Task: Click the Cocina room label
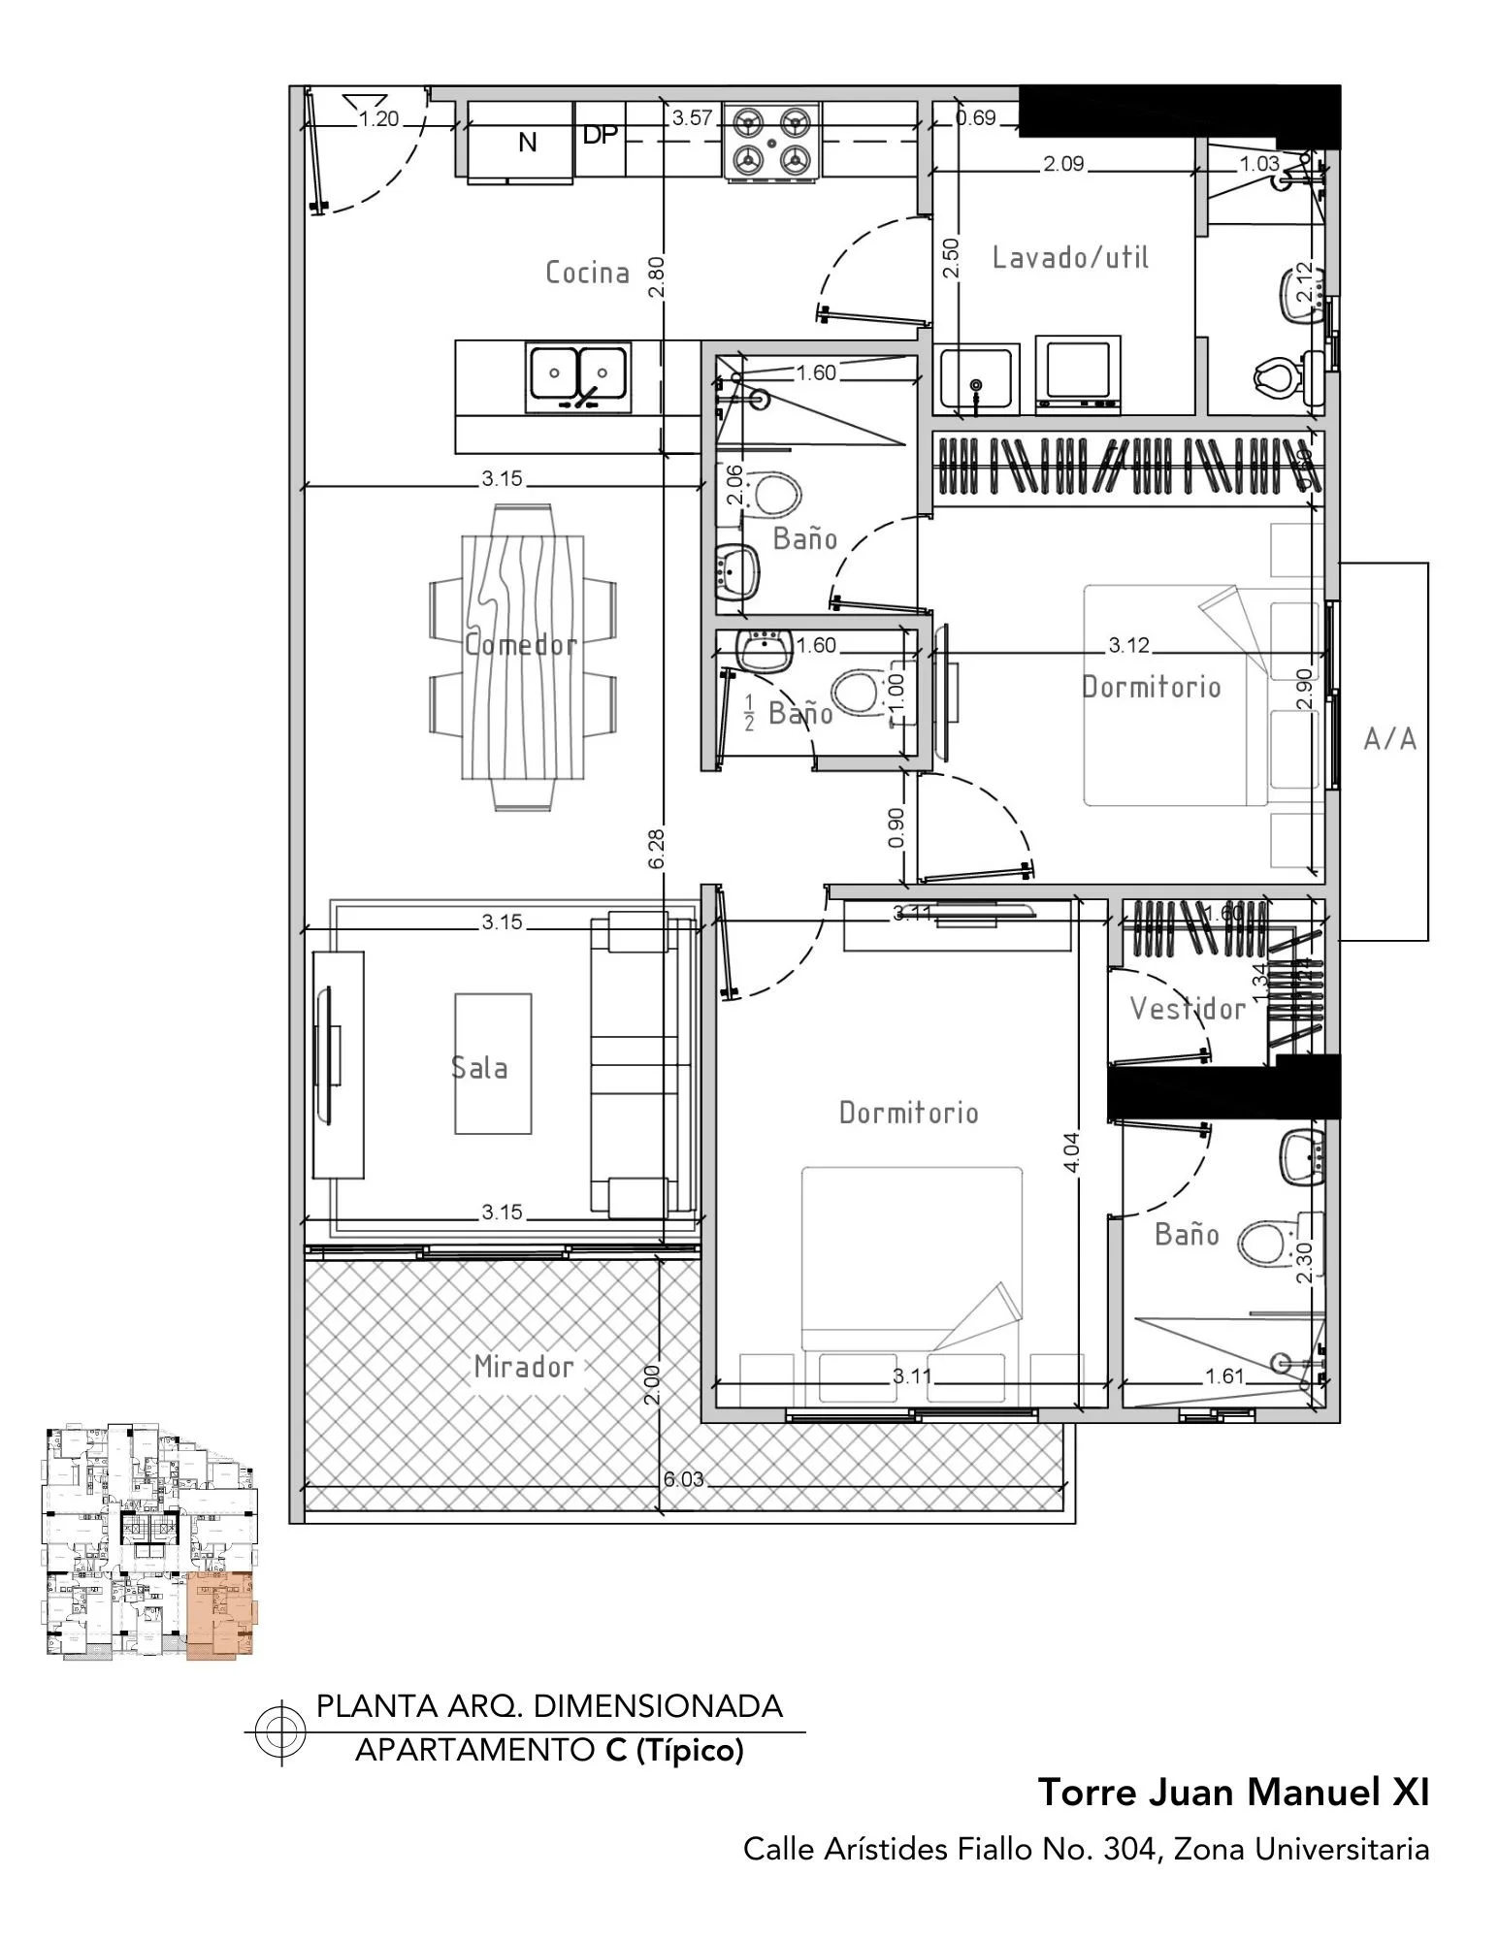pos(587,273)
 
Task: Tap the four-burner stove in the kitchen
pos(771,142)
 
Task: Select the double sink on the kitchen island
pos(578,376)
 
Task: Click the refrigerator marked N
pos(520,143)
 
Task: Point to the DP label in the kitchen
pos(600,135)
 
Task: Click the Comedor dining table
pos(523,657)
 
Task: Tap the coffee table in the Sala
pos(493,1063)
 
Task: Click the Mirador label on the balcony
pos(524,1367)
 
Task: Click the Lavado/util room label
pos(1070,257)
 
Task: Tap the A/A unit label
pos(1389,740)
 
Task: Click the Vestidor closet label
pos(1188,1009)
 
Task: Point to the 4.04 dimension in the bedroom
pos(1071,1152)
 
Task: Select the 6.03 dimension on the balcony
pos(683,1480)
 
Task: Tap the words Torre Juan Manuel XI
pos(1233,1793)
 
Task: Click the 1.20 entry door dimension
pos(378,119)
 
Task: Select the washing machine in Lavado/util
pos(1078,372)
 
